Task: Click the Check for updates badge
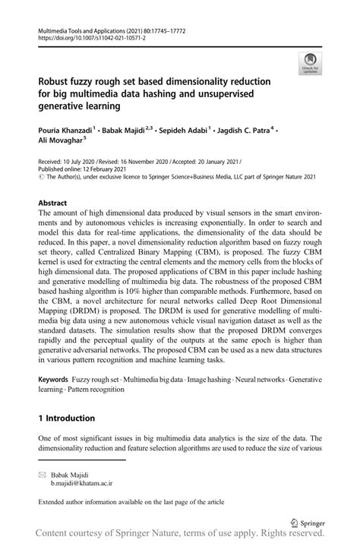pyautogui.click(x=309, y=64)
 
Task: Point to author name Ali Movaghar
pyautogui.click(x=60, y=140)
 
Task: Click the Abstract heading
pyautogui.click(x=52, y=204)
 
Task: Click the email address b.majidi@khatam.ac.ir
pyautogui.click(x=82, y=481)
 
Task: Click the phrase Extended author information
pyautogui.click(x=81, y=502)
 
